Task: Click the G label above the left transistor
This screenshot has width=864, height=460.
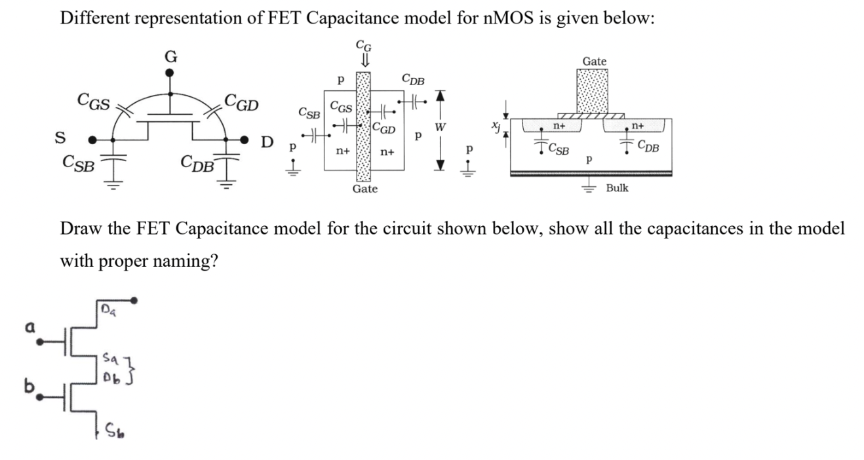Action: (170, 57)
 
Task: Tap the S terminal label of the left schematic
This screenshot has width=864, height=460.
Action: (60, 139)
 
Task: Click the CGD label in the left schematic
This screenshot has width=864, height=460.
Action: (241, 102)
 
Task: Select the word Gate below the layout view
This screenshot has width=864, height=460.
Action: (364, 189)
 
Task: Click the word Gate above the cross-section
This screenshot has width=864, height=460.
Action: (594, 61)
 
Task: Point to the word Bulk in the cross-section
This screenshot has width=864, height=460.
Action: (617, 188)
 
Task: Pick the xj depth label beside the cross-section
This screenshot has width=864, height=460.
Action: (493, 123)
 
